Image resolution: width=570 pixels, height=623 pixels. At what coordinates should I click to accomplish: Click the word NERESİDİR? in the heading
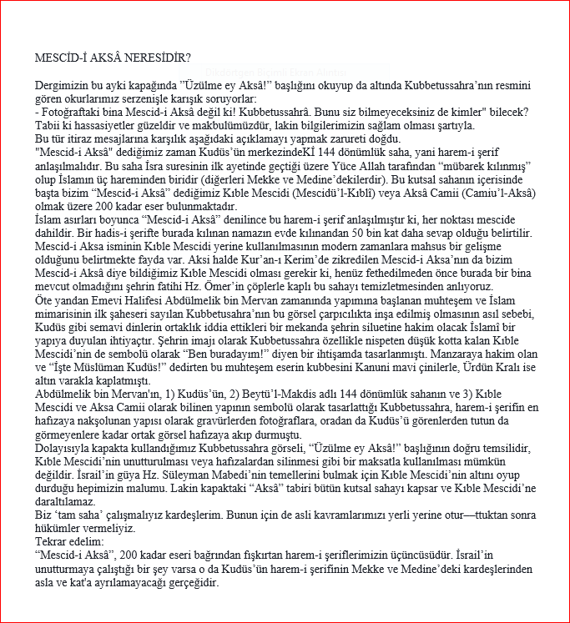156,58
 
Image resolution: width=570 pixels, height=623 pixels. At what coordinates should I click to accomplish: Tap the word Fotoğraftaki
73,113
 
